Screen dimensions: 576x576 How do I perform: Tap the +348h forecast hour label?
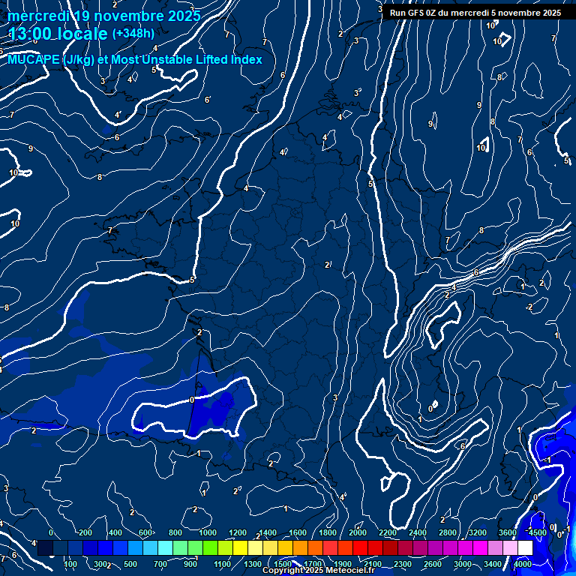[x=133, y=34]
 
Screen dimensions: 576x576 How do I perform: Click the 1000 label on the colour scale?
[x=208, y=532]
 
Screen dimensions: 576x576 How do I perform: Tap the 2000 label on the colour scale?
[x=358, y=532]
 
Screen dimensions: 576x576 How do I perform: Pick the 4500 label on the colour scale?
[x=537, y=532]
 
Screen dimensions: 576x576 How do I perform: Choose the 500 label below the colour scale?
[x=130, y=564]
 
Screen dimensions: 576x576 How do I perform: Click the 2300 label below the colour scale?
[x=402, y=564]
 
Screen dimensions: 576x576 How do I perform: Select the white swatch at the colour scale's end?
[x=525, y=548]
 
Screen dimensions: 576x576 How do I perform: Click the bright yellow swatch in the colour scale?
[x=255, y=548]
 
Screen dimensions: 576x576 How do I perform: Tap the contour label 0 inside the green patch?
[x=192, y=400]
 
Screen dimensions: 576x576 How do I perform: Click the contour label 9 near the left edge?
[x=30, y=148]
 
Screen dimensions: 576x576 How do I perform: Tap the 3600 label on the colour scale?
[x=507, y=532]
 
